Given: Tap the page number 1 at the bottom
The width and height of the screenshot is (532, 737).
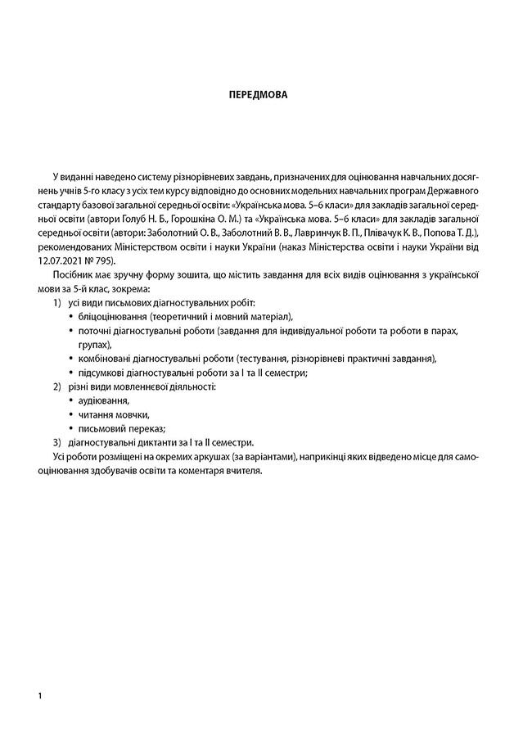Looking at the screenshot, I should click(x=39, y=695).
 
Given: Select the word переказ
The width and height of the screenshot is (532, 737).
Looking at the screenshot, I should click(x=148, y=427).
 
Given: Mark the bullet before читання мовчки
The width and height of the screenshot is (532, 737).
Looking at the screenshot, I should click(x=70, y=414).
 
